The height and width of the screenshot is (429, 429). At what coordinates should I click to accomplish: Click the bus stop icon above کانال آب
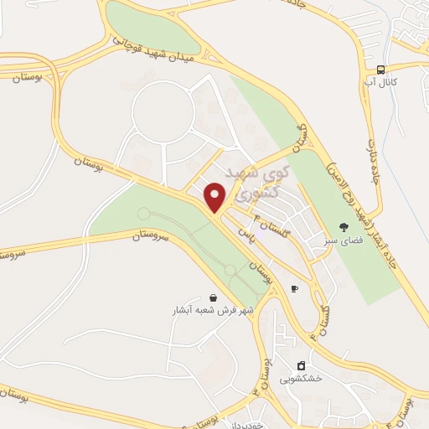click(x=380, y=70)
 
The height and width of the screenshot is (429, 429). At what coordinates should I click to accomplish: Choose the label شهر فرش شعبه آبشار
click(x=213, y=309)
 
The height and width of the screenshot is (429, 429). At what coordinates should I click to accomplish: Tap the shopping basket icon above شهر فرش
click(x=213, y=297)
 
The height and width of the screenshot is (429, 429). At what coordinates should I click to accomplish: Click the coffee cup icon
click(x=293, y=288)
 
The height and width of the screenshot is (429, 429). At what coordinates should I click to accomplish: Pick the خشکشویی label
click(x=302, y=379)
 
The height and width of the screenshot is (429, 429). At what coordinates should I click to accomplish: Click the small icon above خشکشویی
click(x=302, y=365)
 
